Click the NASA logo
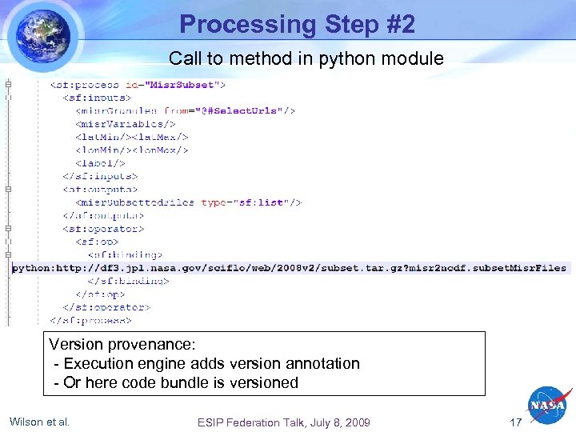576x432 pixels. point(547,407)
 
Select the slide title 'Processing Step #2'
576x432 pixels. point(297,25)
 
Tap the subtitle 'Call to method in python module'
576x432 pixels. point(306,58)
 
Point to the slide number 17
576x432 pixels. point(516,422)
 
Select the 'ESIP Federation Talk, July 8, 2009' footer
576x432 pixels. point(283,422)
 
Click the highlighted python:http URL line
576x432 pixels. point(289,268)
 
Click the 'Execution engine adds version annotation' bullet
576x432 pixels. point(206,363)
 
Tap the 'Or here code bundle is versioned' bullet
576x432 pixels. point(176,382)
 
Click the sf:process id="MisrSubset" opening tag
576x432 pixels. point(138,84)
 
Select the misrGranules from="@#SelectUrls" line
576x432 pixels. point(186,110)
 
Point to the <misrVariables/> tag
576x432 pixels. point(125,124)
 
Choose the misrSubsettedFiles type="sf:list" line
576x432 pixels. point(188,202)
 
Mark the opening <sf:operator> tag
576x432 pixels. point(103,229)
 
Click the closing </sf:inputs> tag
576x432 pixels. point(100,176)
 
